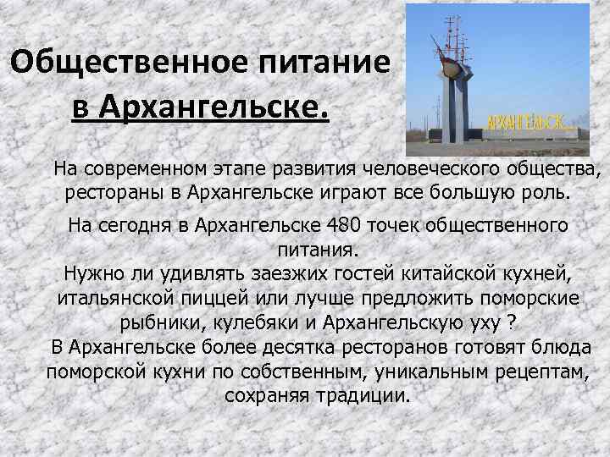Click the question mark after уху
(x=511, y=323)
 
